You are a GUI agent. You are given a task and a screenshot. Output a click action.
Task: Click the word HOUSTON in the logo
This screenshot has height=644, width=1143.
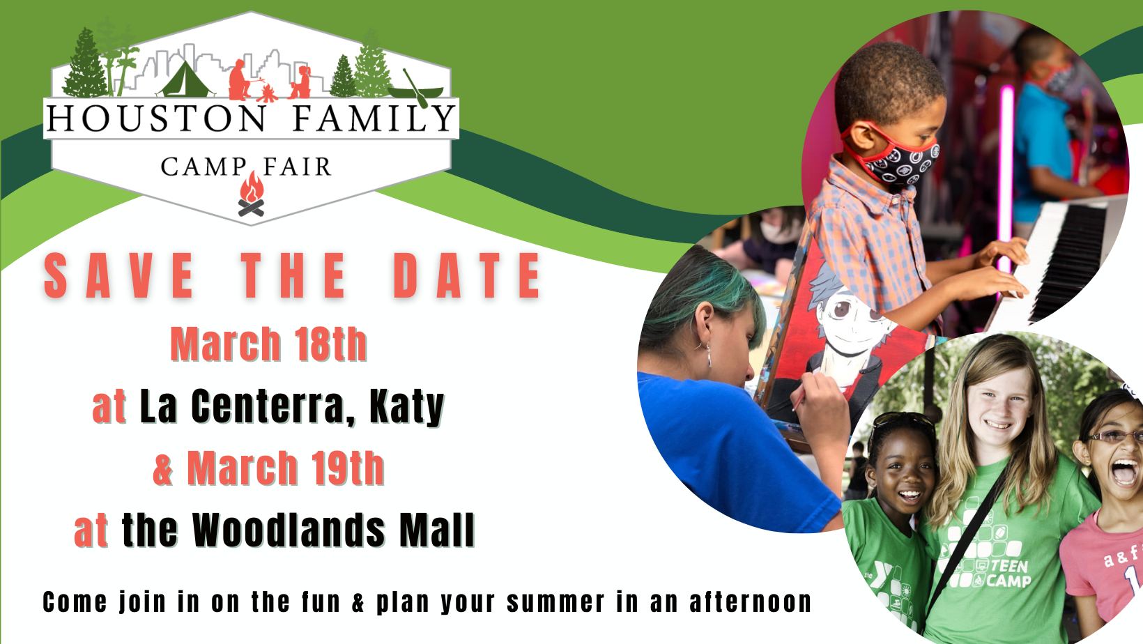tap(155, 118)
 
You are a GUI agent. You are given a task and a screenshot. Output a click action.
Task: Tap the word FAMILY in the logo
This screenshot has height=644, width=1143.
tap(374, 118)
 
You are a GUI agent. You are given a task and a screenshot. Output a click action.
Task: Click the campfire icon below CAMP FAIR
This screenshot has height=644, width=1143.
tap(252, 194)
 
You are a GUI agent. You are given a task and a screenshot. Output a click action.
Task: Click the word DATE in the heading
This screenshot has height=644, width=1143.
tap(466, 275)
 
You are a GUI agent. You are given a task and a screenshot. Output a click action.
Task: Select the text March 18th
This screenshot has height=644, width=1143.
tap(268, 344)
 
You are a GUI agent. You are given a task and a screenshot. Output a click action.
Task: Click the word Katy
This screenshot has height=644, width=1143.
tap(407, 406)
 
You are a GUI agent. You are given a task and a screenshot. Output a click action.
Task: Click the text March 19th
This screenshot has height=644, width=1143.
tap(285, 468)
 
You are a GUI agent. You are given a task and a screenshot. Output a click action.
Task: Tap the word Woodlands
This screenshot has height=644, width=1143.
tap(289, 530)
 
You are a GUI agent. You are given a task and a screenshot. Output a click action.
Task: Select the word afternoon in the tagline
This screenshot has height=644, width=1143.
tap(751, 602)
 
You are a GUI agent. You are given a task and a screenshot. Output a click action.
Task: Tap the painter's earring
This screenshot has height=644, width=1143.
tap(708, 355)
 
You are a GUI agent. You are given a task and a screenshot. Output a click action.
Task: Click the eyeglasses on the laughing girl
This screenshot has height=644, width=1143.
tap(1114, 436)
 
